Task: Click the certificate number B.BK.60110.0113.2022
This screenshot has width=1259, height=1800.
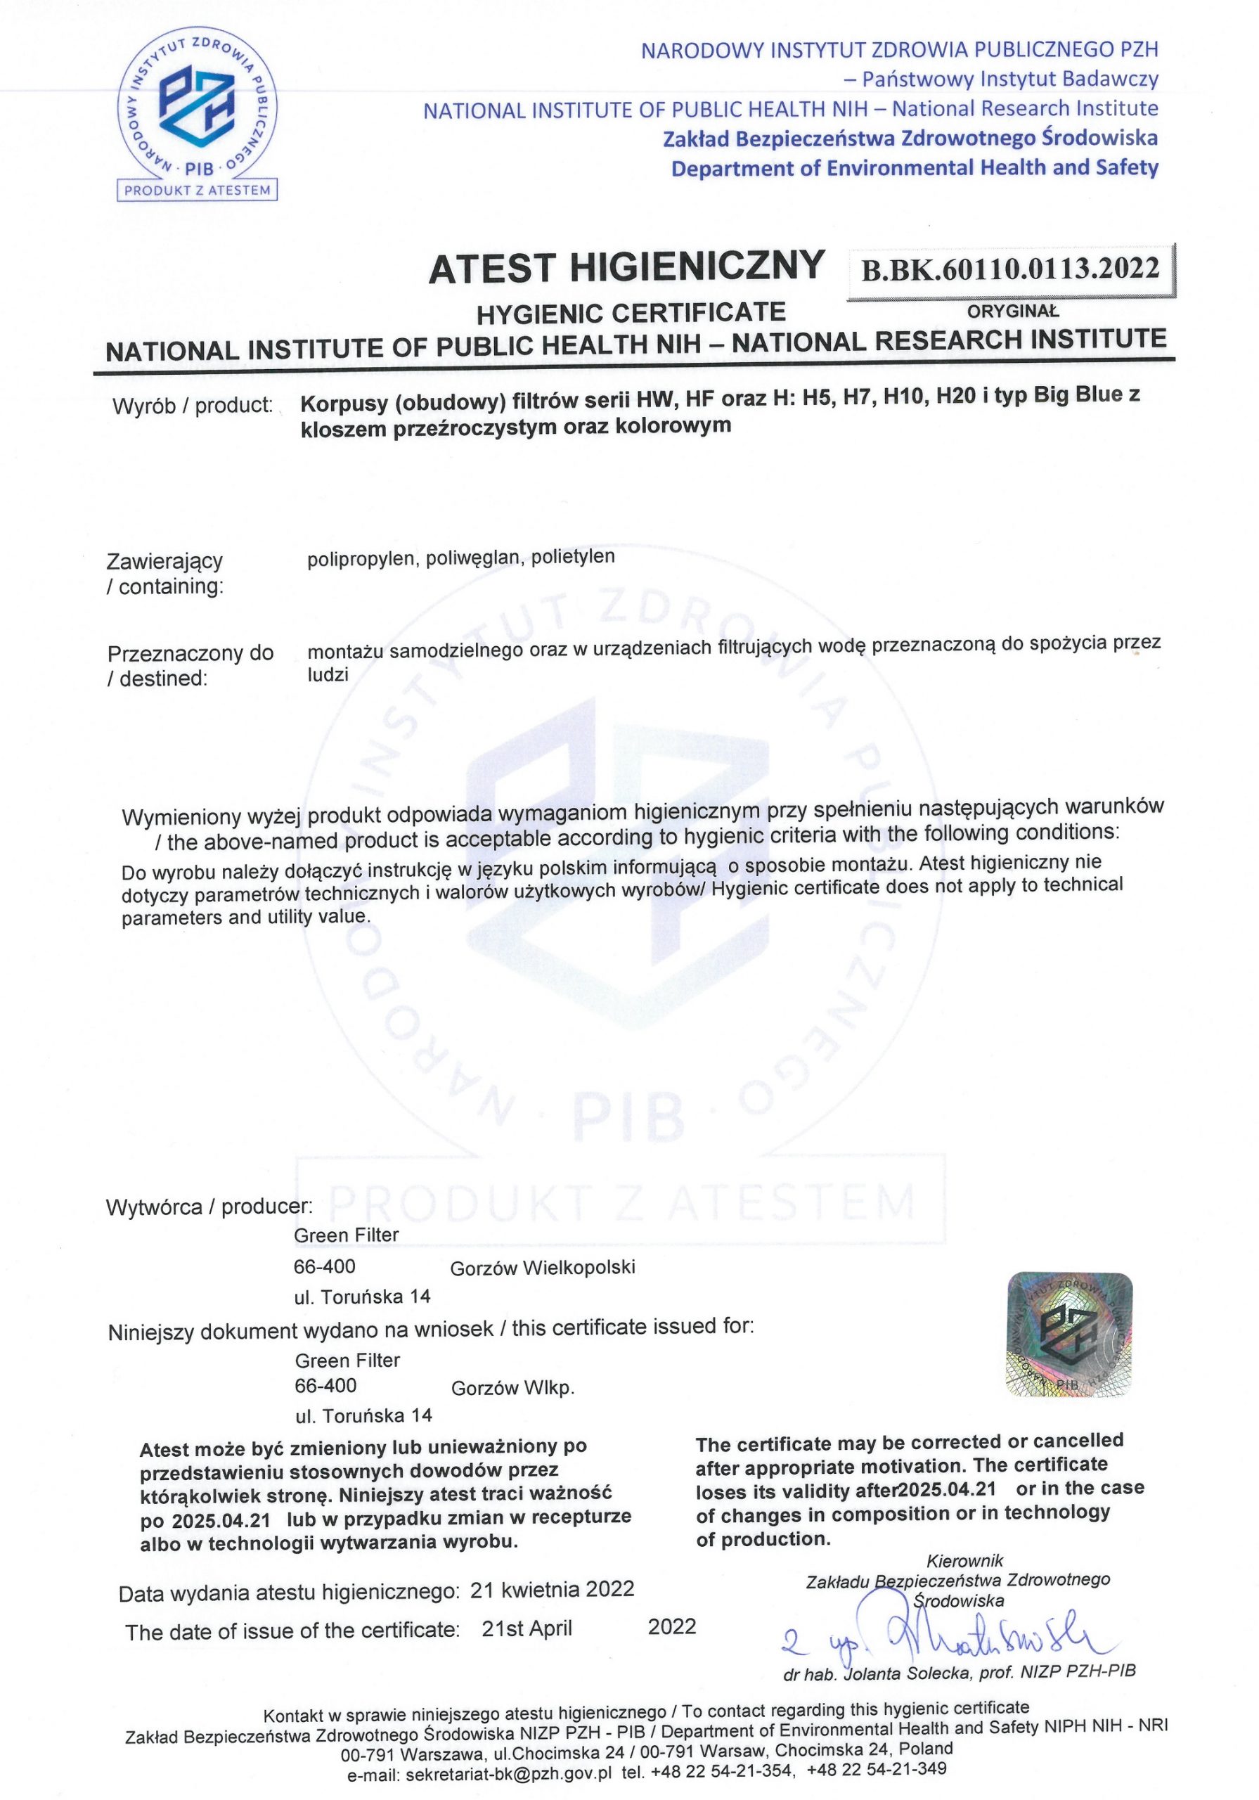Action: (1010, 269)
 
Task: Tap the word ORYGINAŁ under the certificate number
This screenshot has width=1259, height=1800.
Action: (1013, 311)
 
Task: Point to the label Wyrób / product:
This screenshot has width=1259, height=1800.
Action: (192, 406)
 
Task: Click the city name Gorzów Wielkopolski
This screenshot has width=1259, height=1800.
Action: (543, 1267)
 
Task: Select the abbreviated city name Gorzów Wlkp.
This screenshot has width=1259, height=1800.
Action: (512, 1388)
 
